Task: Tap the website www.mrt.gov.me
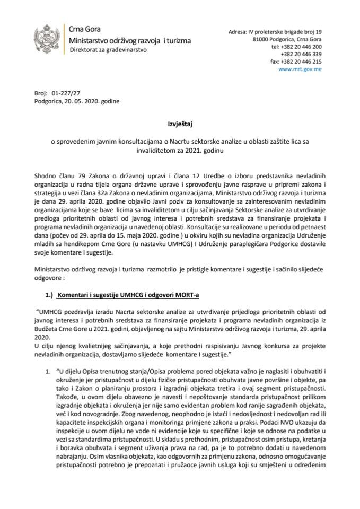point(298,69)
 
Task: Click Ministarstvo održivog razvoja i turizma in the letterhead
point(131,40)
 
